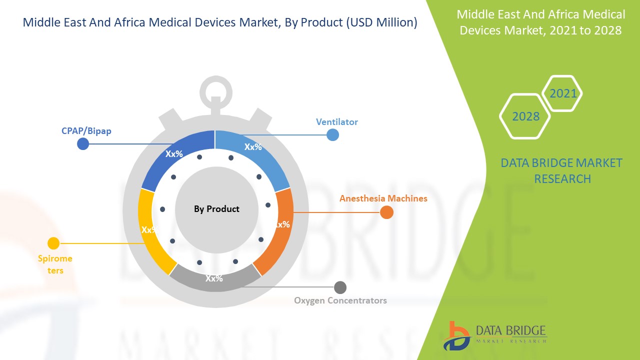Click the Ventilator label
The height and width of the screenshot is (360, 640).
(x=336, y=122)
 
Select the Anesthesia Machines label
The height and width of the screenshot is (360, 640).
(x=383, y=198)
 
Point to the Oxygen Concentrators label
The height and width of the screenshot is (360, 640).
(x=340, y=300)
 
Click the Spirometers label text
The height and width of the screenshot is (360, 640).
(x=55, y=264)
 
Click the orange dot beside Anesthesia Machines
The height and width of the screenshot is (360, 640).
(x=386, y=212)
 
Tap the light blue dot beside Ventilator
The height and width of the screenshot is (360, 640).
(x=332, y=134)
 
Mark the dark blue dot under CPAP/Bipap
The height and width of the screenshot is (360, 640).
(x=83, y=144)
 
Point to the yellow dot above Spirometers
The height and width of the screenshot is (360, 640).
(x=53, y=243)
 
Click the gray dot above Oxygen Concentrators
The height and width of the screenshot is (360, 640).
(x=340, y=287)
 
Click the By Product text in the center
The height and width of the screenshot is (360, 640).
(x=216, y=209)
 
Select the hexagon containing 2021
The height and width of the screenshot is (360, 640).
(x=562, y=93)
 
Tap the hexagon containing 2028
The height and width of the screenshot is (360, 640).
(x=525, y=116)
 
